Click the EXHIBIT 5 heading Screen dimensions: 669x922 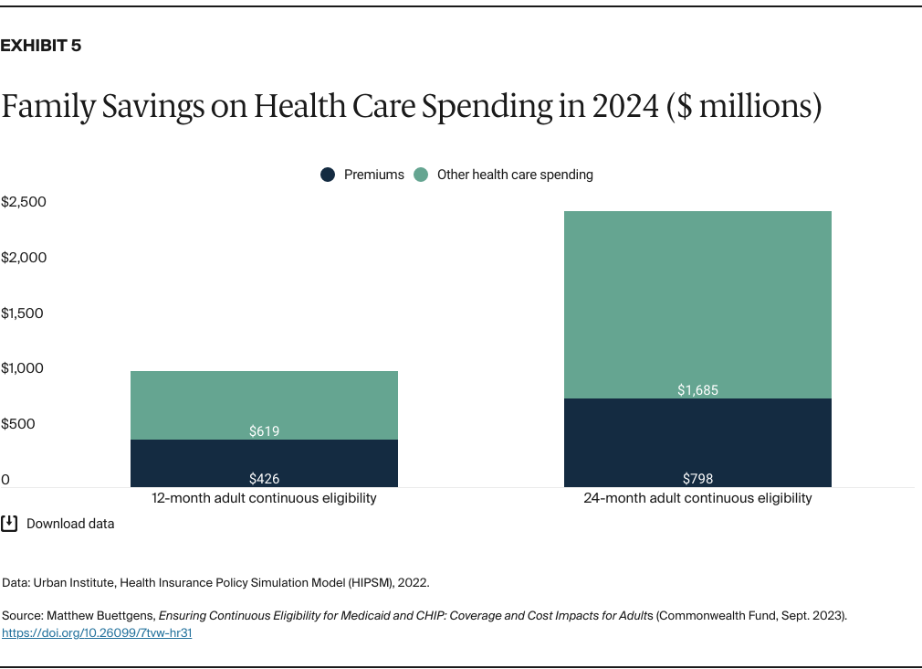(41, 46)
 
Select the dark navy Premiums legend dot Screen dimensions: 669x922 (327, 175)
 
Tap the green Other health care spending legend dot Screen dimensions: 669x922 (421, 175)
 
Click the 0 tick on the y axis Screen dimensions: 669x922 (5, 480)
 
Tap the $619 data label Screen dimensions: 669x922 (264, 430)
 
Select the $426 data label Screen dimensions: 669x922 (264, 478)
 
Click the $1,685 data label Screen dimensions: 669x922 (697, 390)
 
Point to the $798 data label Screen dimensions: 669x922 (697, 478)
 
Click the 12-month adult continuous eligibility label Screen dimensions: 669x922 (264, 499)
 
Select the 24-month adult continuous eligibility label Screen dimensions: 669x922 (697, 499)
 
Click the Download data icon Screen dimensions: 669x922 (9, 524)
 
